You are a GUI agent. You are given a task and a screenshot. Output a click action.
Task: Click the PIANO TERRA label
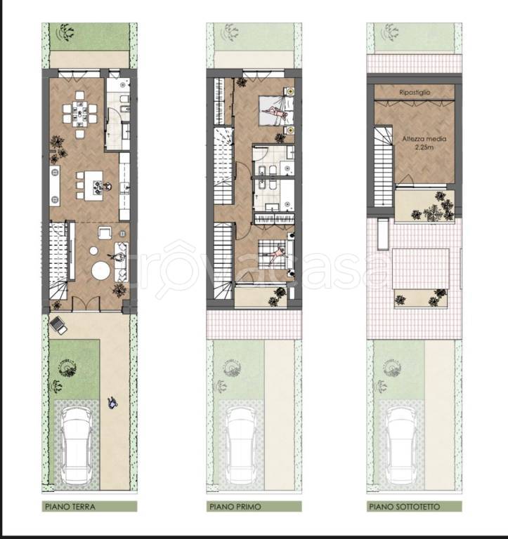pyautogui.click(x=70, y=506)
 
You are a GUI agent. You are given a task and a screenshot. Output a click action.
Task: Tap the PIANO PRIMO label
pyautogui.click(x=235, y=506)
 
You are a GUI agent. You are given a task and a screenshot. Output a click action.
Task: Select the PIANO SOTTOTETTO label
pyautogui.click(x=405, y=506)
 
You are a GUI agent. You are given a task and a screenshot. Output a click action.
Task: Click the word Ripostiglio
pyautogui.click(x=415, y=92)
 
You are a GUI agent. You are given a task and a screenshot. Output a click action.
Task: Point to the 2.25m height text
pyautogui.click(x=424, y=147)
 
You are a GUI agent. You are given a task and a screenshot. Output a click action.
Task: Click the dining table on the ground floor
pyautogui.click(x=80, y=114)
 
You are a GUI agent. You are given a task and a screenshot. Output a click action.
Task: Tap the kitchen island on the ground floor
pyautogui.click(x=93, y=185)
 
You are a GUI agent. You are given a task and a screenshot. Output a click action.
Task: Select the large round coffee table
pyautogui.click(x=101, y=270)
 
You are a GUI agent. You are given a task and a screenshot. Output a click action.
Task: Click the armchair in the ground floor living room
pyautogui.click(x=105, y=233)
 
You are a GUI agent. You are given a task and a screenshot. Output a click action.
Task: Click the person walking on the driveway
pyautogui.click(x=112, y=403)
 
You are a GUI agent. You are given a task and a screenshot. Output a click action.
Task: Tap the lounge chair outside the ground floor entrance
pyautogui.click(x=58, y=325)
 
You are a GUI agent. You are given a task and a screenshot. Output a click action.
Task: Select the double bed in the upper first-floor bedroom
pyautogui.click(x=276, y=110)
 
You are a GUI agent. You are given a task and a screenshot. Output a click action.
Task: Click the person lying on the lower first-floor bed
pyautogui.click(x=276, y=254)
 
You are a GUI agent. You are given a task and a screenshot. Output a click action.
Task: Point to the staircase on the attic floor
pyautogui.click(x=383, y=166)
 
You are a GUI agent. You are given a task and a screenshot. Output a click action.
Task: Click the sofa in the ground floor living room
pyautogui.click(x=121, y=262)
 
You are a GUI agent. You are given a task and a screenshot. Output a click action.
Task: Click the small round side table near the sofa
pyautogui.click(x=93, y=251)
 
